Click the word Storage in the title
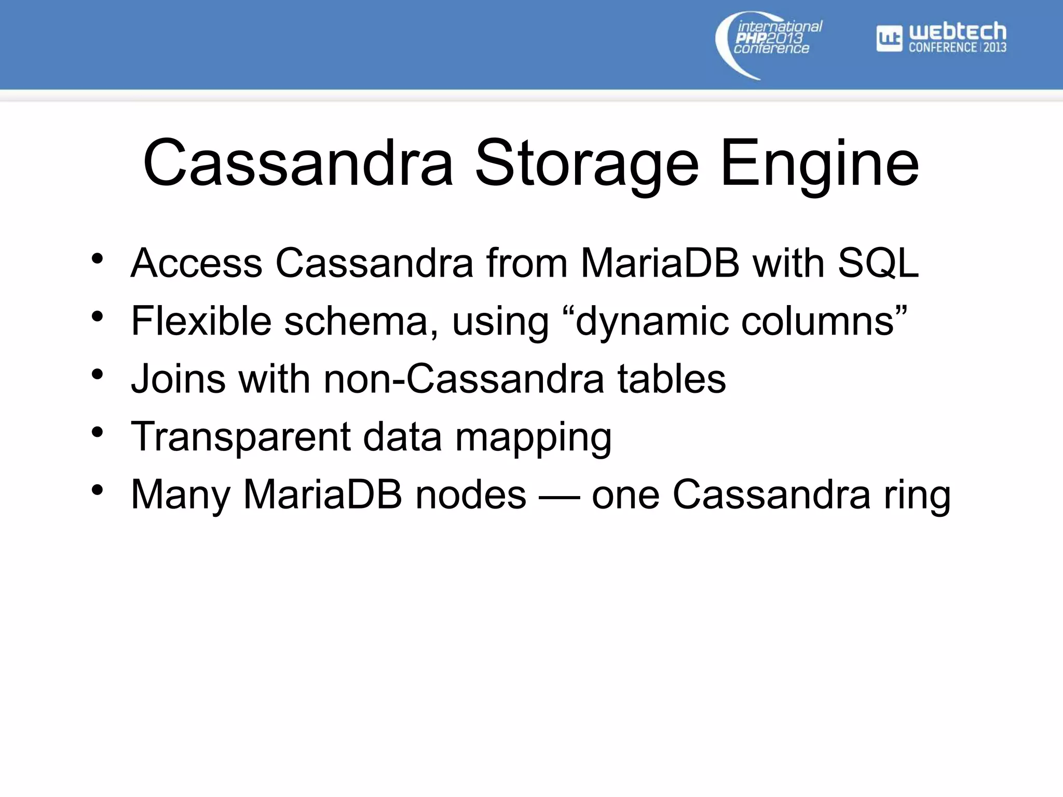click(x=587, y=163)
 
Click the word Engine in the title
click(x=820, y=163)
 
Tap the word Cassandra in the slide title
click(x=298, y=163)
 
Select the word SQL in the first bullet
click(x=878, y=263)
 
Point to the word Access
click(x=196, y=263)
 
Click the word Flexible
click(x=201, y=321)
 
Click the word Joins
click(x=178, y=379)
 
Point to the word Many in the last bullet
click(x=180, y=495)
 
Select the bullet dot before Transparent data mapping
click(x=97, y=431)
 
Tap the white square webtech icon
click(x=889, y=38)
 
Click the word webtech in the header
click(x=958, y=32)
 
